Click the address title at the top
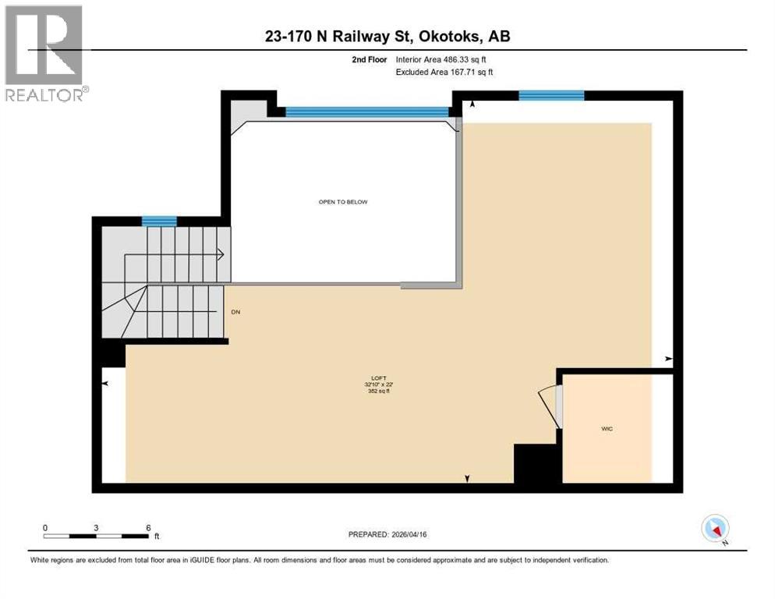pos(387,36)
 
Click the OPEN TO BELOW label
pos(342,202)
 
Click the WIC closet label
pos(607,429)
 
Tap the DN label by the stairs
pos(235,312)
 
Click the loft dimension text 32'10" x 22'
pos(382,384)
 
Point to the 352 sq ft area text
pos(382,391)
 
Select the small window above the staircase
pos(158,221)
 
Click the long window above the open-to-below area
pos(367,112)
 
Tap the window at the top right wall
pos(551,95)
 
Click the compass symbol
pos(715,528)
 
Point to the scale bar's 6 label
pos(147,527)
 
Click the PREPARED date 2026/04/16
pos(387,534)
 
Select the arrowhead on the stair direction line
pos(221,253)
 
